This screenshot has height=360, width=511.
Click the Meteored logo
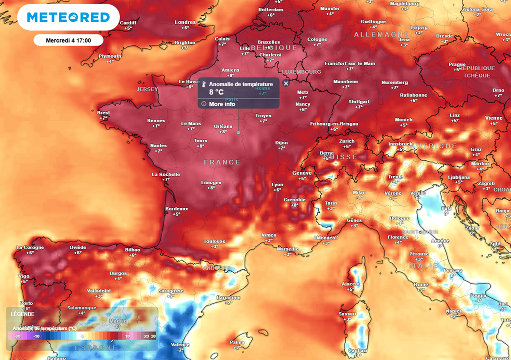68,17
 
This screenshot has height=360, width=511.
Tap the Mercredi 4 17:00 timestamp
68,40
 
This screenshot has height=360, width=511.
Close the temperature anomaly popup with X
286,83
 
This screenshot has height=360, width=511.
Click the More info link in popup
222,104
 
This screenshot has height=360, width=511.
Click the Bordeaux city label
177,209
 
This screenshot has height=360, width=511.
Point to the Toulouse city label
214,241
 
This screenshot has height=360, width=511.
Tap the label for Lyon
277,185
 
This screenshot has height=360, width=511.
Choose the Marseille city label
287,249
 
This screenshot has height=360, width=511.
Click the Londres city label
185,22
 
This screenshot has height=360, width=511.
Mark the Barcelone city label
229,297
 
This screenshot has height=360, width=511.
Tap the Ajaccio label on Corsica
351,284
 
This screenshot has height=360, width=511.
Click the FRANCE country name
222,162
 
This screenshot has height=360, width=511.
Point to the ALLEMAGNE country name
374,34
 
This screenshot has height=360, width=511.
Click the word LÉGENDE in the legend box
23,314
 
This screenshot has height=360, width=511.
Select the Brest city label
104,113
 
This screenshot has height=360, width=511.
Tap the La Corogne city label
30,247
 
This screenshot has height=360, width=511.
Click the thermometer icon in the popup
203,85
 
